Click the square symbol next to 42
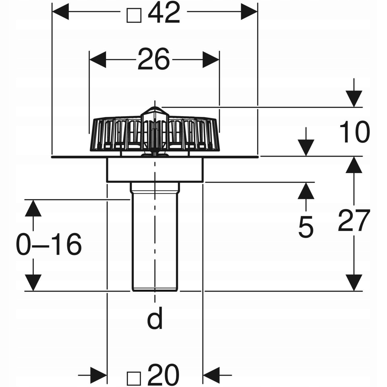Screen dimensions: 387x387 134,15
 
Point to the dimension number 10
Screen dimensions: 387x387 354,132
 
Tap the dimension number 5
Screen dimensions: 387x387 306,227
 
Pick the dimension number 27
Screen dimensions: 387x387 354,220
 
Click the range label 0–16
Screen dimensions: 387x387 49,244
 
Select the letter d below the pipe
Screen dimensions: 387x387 154,321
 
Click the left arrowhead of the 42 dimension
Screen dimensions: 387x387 60,12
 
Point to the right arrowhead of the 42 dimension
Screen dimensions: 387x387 249,12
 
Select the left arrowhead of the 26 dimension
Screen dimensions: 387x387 98,60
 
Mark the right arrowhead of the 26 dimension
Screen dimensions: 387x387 211,60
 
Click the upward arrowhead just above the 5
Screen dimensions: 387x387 306,191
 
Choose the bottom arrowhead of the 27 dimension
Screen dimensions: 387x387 354,283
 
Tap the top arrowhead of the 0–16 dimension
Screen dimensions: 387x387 33,208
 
